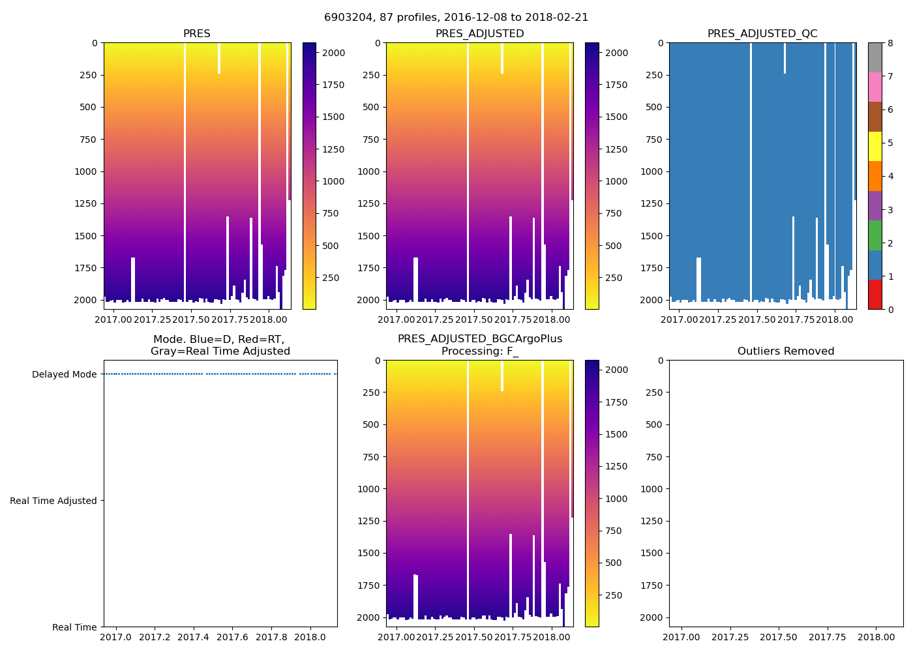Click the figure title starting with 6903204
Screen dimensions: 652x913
coord(456,18)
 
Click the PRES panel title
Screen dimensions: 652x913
coord(196,34)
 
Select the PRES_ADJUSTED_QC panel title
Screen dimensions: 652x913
coord(762,34)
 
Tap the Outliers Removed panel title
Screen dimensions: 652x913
coord(785,351)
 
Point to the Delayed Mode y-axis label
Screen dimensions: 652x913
coord(64,374)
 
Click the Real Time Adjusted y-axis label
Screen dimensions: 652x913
coord(53,501)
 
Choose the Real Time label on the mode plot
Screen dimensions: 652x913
coord(74,627)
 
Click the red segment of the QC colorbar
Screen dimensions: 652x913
coord(875,295)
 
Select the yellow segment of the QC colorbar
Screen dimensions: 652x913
coord(875,147)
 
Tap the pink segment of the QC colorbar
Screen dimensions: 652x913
coord(875,87)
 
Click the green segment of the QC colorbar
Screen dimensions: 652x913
coord(875,235)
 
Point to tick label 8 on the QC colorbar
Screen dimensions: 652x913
coord(890,43)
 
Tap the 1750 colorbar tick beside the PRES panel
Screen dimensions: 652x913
coord(333,85)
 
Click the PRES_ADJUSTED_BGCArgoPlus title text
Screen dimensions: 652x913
coord(479,339)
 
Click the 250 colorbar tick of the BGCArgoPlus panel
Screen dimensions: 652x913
coord(613,595)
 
